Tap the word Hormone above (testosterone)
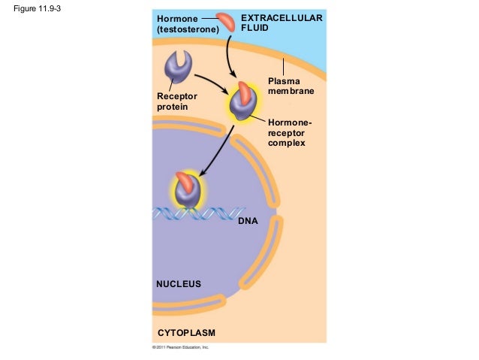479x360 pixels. (x=177, y=18)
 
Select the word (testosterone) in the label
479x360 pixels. (x=188, y=29)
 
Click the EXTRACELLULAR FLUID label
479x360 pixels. (x=282, y=23)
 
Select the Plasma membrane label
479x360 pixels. (x=291, y=85)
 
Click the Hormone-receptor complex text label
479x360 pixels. (x=289, y=132)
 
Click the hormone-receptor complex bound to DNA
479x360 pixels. (x=188, y=190)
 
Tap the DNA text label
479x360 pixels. (x=247, y=222)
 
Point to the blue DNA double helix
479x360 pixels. (x=225, y=214)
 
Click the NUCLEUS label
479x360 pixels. (x=179, y=284)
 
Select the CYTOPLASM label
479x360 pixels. (x=185, y=332)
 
